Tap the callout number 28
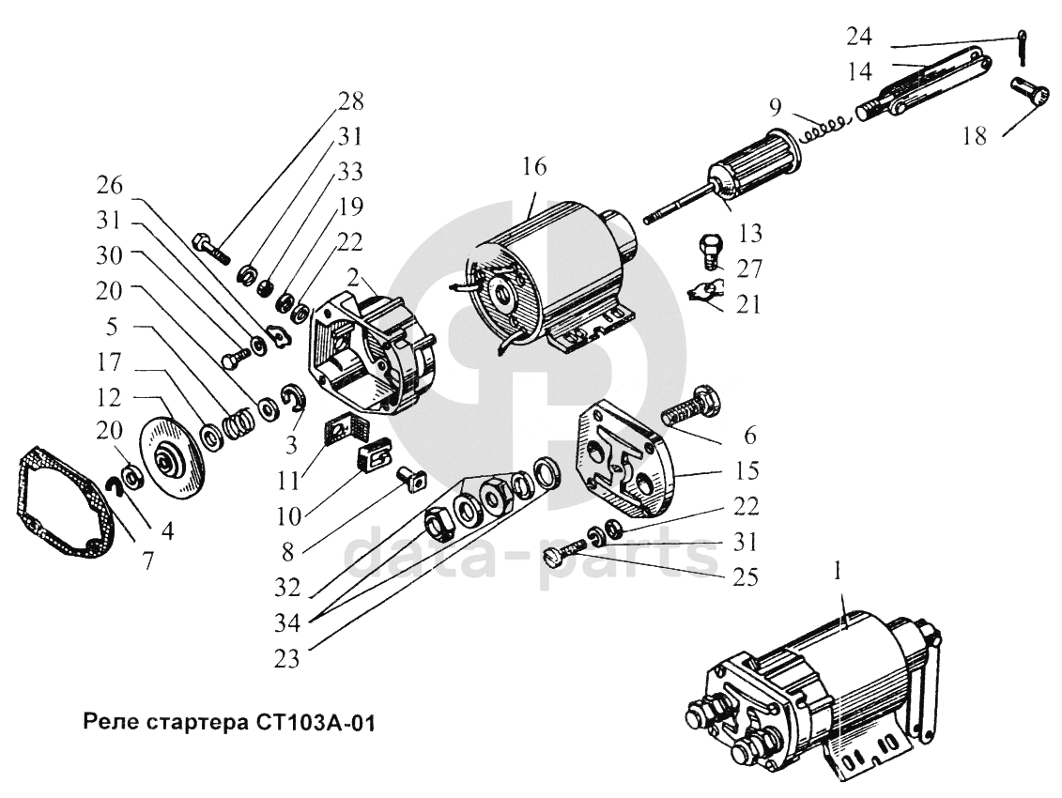pos(349,100)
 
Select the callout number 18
pos(974,136)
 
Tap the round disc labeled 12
pos(176,459)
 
